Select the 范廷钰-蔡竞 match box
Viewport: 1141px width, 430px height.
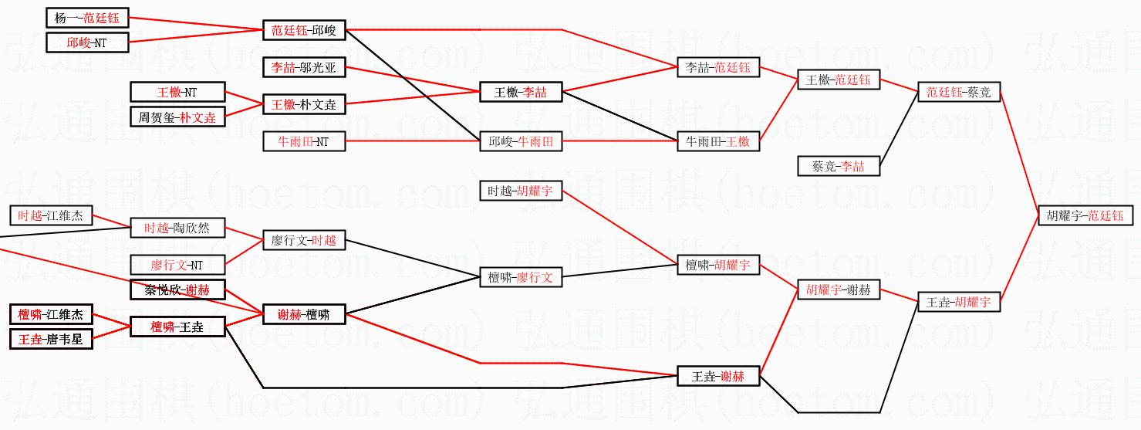(958, 93)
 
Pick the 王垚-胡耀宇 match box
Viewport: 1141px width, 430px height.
(958, 302)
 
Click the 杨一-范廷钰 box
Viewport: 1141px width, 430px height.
(88, 17)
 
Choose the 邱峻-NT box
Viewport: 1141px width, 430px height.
(88, 43)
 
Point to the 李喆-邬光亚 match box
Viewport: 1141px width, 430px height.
(303, 68)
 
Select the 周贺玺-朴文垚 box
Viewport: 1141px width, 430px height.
(177, 117)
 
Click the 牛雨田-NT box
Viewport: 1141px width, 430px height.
(303, 141)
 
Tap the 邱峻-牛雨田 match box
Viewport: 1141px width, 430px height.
(521, 141)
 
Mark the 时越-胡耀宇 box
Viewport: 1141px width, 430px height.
(521, 190)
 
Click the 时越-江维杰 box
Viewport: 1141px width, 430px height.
(52, 215)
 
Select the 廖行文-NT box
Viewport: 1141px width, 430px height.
(177, 265)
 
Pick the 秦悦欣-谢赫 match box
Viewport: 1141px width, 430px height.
(177, 290)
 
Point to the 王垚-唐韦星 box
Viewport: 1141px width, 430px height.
(52, 339)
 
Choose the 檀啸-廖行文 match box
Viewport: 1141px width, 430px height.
(521, 277)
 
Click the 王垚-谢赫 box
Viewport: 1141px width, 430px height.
(718, 377)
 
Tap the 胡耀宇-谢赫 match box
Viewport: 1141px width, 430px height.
(839, 290)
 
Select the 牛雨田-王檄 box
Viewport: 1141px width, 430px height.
(718, 141)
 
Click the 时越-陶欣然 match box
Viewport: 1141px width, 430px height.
(177, 228)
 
